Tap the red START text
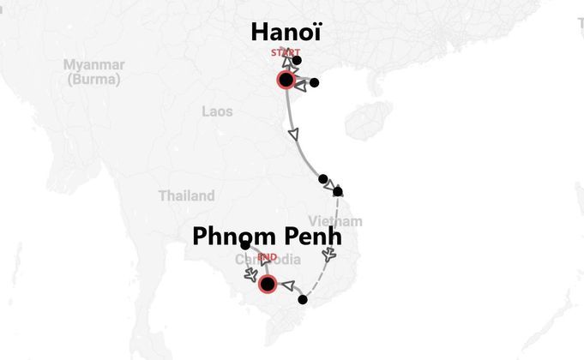pyautogui.click(x=286, y=53)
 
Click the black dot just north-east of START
pyautogui.click(x=297, y=60)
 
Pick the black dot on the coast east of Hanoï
pyautogui.click(x=314, y=83)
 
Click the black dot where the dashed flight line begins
pyautogui.click(x=338, y=191)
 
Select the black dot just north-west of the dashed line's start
pyautogui.click(x=322, y=179)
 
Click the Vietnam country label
pyautogui.click(x=342, y=221)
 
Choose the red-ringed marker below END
pyautogui.click(x=268, y=284)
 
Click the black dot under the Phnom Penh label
pyautogui.click(x=245, y=246)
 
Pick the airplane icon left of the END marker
pyautogui.click(x=250, y=274)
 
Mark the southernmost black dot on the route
pyautogui.click(x=303, y=300)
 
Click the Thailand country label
pyautogui.click(x=186, y=196)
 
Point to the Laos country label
pyautogui.click(x=217, y=111)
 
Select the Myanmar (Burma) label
pyautogui.click(x=94, y=72)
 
